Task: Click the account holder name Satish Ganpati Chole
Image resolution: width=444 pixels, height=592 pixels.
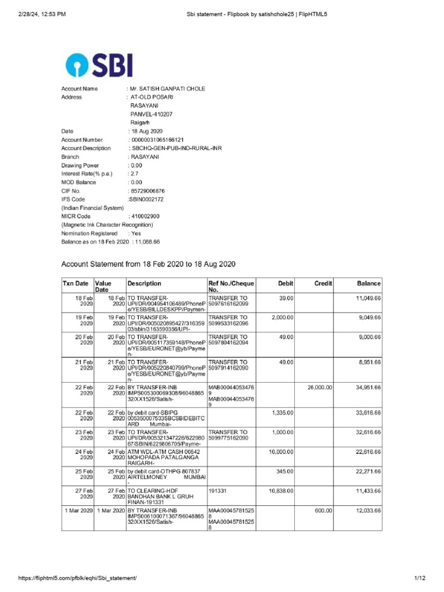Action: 167,88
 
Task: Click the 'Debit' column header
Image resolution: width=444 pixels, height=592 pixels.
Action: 286,284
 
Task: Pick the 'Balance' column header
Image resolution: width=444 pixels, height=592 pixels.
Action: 368,284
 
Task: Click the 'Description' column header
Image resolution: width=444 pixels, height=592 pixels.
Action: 145,284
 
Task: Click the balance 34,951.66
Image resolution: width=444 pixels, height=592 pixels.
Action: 368,387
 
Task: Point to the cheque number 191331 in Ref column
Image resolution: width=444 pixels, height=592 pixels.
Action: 217,490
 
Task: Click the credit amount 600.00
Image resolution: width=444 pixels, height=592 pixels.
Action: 323,511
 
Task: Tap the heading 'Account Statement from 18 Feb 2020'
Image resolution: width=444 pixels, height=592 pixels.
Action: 149,264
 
